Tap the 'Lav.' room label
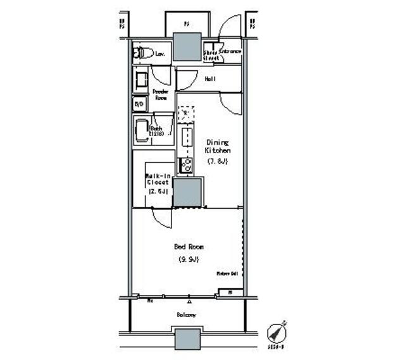[161, 55]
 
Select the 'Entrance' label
[230, 51]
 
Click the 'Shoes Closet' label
[211, 55]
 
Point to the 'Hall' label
[210, 79]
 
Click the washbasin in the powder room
[141, 80]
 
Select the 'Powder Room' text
[159, 95]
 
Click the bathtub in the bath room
[141, 131]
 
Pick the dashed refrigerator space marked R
[185, 114]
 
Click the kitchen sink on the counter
[187, 137]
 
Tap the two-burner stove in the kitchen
[186, 165]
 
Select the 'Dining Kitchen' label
[217, 147]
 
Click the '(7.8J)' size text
[217, 161]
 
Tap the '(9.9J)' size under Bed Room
[189, 260]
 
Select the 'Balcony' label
[186, 314]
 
